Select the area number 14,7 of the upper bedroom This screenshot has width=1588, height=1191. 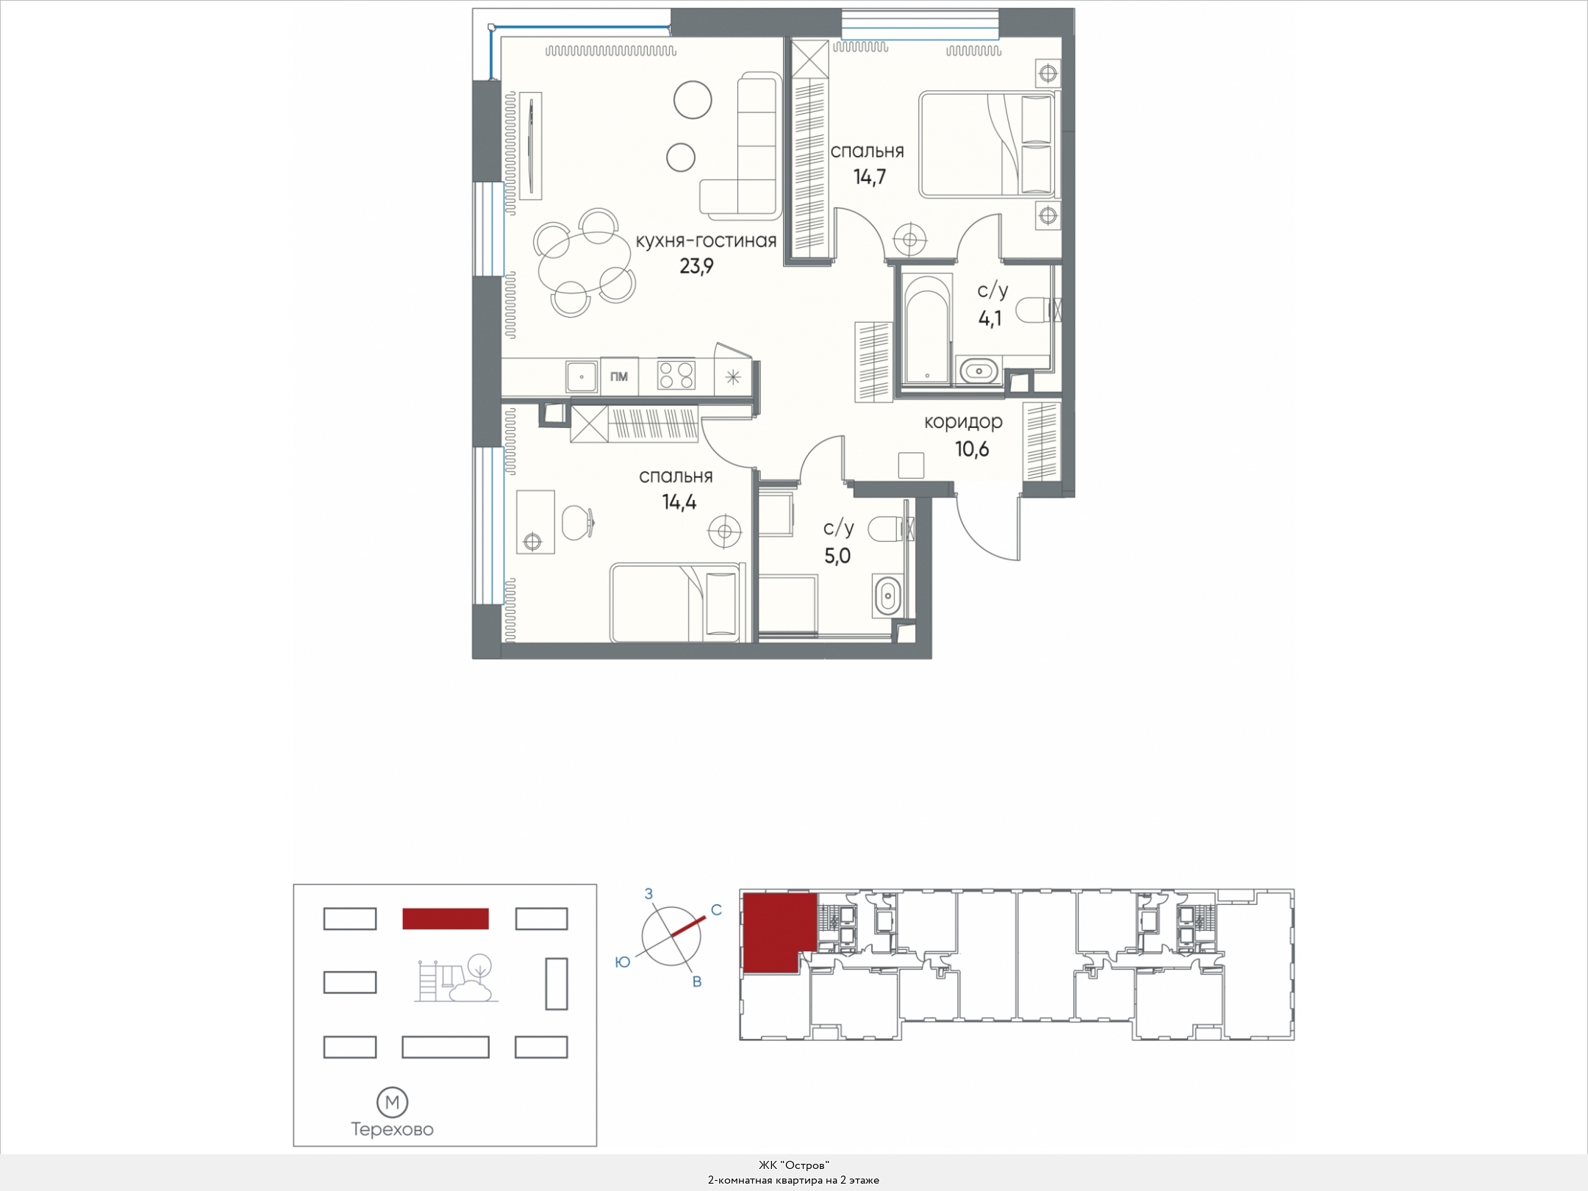(869, 177)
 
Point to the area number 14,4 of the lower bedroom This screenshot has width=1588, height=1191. (679, 503)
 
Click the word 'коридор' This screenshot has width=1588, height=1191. (963, 423)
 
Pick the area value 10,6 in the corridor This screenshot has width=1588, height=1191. (972, 449)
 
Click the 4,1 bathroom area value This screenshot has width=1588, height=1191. (990, 319)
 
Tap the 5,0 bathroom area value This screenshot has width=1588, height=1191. (837, 556)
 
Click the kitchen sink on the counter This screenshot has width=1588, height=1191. (582, 376)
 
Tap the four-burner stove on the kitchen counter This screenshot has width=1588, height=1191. (676, 376)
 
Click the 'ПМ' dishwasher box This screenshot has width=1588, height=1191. (619, 376)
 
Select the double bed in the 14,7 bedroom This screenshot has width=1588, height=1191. (987, 144)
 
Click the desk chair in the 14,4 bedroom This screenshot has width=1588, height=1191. (578, 522)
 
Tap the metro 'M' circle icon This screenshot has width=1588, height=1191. (393, 1102)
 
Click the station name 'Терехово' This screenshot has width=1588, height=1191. (393, 1130)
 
